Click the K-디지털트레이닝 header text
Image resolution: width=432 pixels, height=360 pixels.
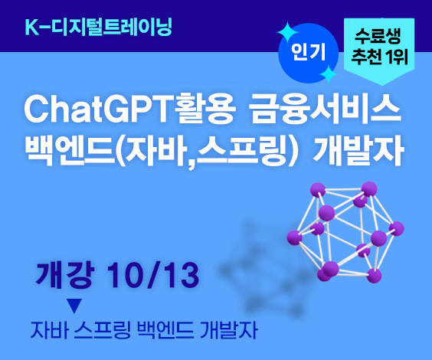click(x=98, y=28)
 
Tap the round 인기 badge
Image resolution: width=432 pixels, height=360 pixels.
click(x=308, y=53)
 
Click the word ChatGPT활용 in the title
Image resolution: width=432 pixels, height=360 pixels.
click(x=130, y=110)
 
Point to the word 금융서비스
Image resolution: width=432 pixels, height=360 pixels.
click(x=325, y=110)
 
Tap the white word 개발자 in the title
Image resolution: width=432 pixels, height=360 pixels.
click(x=358, y=150)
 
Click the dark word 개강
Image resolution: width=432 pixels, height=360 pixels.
click(x=65, y=275)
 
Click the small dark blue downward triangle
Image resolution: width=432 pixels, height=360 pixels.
click(x=74, y=306)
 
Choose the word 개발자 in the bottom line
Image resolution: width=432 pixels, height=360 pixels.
click(x=230, y=330)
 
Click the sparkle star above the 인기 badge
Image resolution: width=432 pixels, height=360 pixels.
click(x=288, y=32)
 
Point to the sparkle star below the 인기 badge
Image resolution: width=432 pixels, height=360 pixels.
click(x=328, y=74)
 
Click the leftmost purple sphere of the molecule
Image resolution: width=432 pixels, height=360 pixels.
click(x=294, y=237)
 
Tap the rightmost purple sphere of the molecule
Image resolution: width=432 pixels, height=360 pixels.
click(x=397, y=228)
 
